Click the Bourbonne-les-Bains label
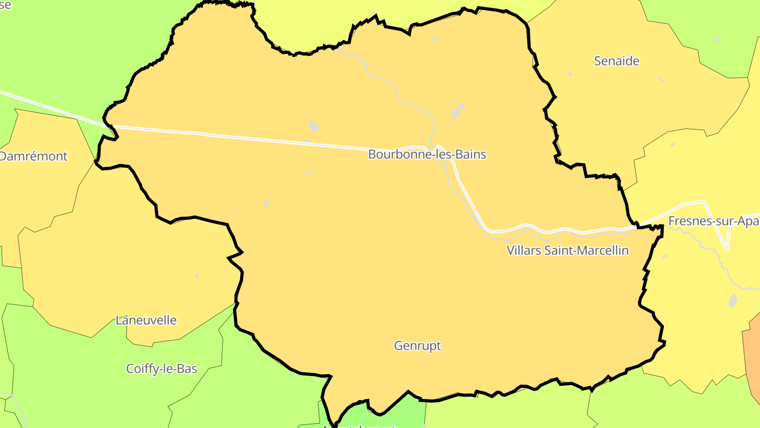coord(427,154)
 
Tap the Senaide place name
coord(616,61)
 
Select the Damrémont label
coord(33,156)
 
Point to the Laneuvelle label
coord(146,320)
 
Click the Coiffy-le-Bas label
coord(161,368)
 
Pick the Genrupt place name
coord(417,346)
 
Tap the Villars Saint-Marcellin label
coord(568,250)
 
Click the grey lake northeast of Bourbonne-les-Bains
coord(458,111)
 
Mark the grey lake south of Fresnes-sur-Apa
coord(733,301)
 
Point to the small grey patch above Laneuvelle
coord(197,276)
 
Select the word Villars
coord(525,250)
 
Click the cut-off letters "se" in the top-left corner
coord(5,5)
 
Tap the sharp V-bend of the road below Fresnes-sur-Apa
coord(727,248)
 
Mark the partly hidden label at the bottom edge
coord(359,425)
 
